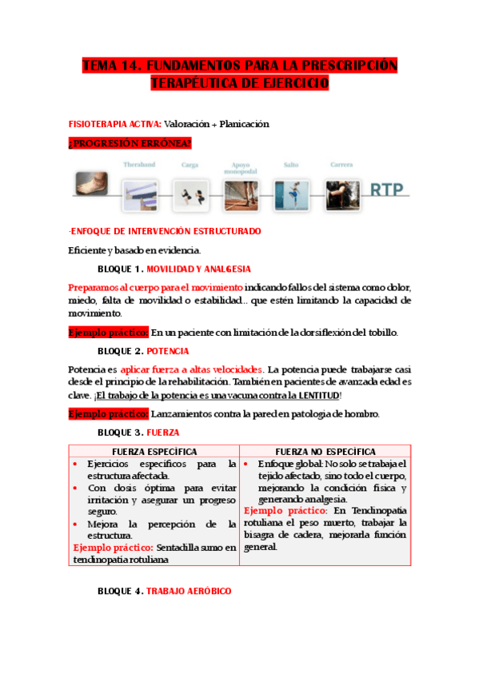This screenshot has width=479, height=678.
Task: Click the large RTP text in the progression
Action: coord(387,190)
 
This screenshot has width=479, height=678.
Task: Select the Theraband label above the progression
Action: coord(139,165)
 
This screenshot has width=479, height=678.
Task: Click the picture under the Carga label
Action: coord(190,194)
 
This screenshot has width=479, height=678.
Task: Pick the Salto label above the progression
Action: coord(290,165)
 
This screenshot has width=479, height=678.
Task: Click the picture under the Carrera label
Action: coord(341,194)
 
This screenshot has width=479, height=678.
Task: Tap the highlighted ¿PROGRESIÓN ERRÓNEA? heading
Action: coord(130,143)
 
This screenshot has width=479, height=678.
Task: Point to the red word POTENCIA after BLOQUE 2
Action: coord(168,350)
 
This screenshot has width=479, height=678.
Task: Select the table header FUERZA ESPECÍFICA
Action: coord(154,452)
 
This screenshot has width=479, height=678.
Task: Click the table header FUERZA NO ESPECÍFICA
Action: coord(325,452)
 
